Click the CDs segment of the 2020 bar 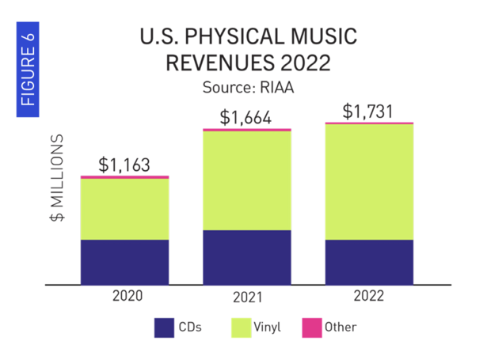[124, 261]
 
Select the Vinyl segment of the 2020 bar [124, 209]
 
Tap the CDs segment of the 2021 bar [246, 256]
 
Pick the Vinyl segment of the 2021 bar [246, 180]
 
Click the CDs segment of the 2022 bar [369, 261]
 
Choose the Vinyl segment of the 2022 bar [369, 182]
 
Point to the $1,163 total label [124, 165]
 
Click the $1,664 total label [246, 118]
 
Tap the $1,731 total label [369, 111]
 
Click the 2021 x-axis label [247, 299]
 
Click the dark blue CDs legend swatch [165, 327]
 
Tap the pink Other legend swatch [312, 327]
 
